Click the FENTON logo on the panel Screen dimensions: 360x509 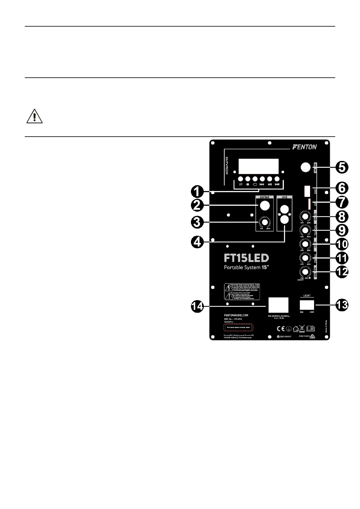304,147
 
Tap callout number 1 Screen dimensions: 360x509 197,191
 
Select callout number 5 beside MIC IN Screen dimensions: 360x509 342,167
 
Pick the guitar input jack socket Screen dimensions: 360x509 265,206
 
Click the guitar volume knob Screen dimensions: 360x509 265,222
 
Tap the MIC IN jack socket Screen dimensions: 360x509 306,167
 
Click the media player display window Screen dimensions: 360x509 258,166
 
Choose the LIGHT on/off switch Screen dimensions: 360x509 307,304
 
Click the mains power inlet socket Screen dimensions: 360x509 278,305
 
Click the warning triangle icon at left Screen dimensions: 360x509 34,116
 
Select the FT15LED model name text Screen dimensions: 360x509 246,258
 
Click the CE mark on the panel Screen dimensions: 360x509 281,329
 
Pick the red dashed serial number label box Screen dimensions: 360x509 238,327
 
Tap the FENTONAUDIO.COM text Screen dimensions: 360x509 236,315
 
